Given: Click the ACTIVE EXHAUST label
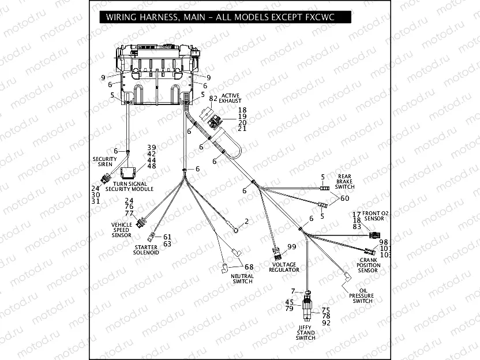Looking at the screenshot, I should (x=230, y=98).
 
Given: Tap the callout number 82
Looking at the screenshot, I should (x=213, y=99).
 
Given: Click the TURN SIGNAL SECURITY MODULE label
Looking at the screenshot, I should (x=130, y=186).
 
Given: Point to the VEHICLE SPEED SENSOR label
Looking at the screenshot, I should (x=122, y=230).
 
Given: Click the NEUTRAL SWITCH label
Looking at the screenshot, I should (x=242, y=279).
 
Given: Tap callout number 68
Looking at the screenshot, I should (x=249, y=267).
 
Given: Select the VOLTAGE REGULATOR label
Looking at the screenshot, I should (x=284, y=267).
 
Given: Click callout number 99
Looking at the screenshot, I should (x=291, y=247).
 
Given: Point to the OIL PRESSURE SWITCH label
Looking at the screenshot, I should (x=362, y=296).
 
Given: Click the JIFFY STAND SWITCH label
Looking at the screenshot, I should (x=305, y=333).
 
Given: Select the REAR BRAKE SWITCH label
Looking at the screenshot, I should (x=345, y=182).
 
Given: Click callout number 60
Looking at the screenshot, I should (x=345, y=198).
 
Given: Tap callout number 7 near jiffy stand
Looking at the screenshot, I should (x=292, y=291).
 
